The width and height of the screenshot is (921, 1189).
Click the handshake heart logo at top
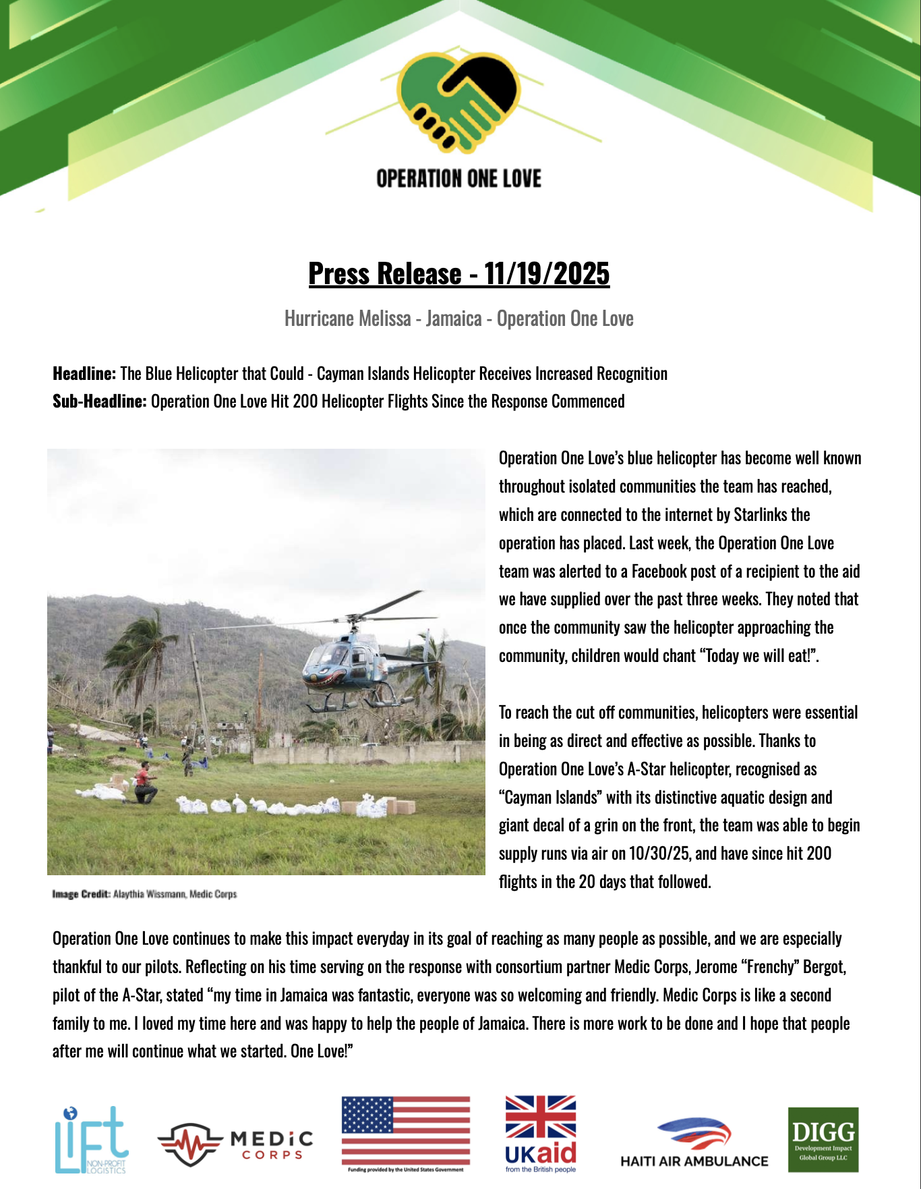[x=458, y=101]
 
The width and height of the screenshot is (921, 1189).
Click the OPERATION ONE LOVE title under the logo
[x=458, y=179]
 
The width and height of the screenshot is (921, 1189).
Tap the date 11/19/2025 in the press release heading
[x=546, y=274]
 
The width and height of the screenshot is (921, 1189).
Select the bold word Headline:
[x=84, y=374]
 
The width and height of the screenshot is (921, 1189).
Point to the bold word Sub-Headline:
[x=99, y=402]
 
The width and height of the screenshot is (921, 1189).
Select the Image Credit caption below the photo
[x=144, y=894]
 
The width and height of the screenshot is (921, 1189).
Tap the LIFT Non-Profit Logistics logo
[x=91, y=1139]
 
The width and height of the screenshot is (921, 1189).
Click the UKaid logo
[x=541, y=1134]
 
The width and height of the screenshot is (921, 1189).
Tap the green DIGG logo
[x=823, y=1139]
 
